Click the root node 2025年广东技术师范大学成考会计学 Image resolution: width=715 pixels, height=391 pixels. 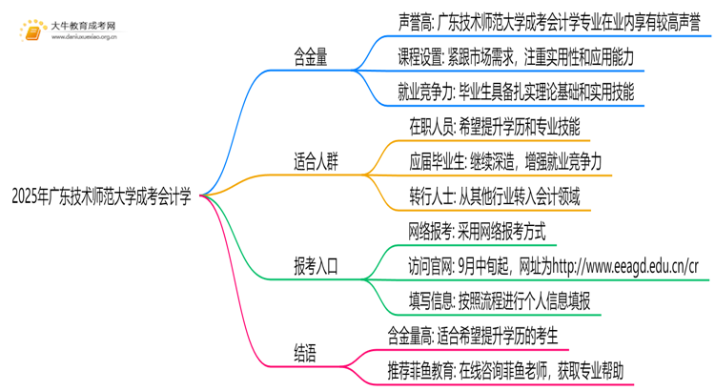pos(101,198)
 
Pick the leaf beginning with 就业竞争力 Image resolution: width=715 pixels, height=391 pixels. pos(515,93)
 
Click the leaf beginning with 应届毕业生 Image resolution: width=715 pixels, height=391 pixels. pos(505,161)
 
